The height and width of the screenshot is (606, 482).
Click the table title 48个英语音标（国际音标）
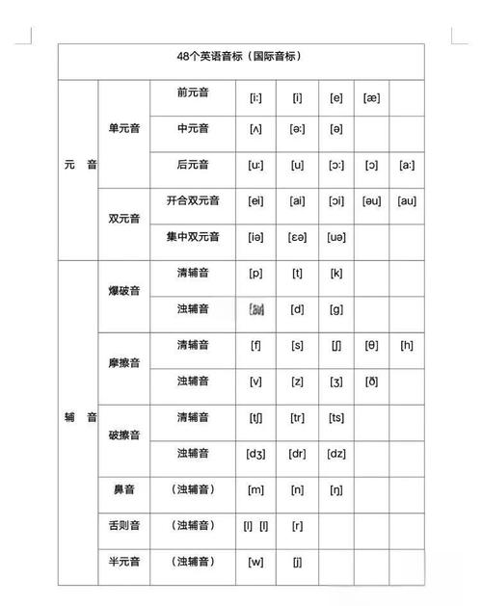[241, 57]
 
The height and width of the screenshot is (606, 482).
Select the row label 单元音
[124, 128]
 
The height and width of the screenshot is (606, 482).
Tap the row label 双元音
[124, 218]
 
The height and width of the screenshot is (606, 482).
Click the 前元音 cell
[193, 93]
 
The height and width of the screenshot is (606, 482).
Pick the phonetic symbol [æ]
[371, 96]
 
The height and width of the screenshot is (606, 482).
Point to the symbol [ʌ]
[255, 129]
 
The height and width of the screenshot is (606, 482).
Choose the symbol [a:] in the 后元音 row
[407, 165]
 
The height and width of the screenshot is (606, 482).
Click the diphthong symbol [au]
[407, 200]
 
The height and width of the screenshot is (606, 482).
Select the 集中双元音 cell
[193, 236]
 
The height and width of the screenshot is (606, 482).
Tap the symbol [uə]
[336, 237]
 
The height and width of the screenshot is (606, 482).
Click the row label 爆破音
[124, 291]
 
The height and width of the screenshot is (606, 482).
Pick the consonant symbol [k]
[336, 273]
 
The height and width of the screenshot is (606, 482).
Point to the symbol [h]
[407, 345]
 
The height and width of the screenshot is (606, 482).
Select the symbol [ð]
[371, 382]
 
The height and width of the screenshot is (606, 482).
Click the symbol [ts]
[336, 417]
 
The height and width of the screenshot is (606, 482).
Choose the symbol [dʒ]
[255, 454]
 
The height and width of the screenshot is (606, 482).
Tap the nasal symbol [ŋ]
[336, 489]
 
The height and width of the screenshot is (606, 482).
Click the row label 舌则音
[124, 525]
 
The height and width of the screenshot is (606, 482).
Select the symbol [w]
[255, 562]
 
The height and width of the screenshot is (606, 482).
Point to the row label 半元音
[124, 562]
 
